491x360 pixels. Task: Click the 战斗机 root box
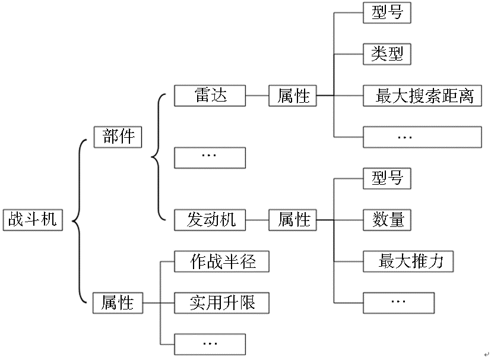(32, 219)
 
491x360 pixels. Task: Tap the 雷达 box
(210, 95)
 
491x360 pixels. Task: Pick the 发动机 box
(210, 219)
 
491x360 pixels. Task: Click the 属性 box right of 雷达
(293, 95)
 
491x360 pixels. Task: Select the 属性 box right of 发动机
(293, 219)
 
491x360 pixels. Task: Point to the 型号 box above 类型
(387, 13)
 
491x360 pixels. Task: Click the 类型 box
(387, 54)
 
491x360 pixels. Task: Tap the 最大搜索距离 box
(422, 95)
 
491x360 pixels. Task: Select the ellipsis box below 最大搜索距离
(422, 137)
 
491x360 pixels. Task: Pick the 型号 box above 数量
(387, 178)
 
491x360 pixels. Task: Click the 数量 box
(387, 219)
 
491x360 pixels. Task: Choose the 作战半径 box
(222, 261)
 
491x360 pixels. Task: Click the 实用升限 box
(222, 302)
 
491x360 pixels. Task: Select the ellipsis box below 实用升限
(210, 344)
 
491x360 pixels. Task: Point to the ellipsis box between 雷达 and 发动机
(210, 157)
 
